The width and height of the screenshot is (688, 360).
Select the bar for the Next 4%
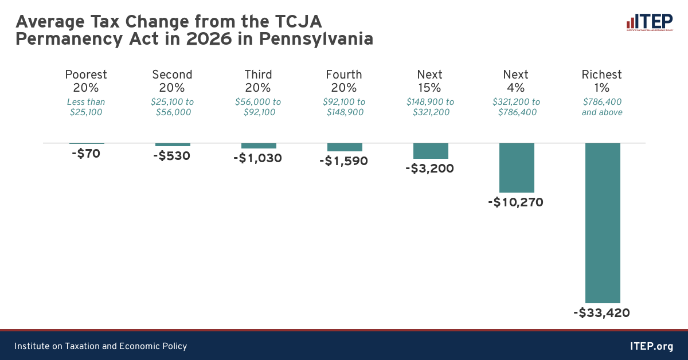pos(517,167)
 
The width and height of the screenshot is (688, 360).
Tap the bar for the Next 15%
pos(431,151)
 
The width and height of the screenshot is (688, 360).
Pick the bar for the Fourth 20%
pos(345,147)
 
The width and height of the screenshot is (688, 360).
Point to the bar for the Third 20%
pos(259,146)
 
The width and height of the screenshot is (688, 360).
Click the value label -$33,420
pos(601,313)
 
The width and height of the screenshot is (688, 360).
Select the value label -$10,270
pos(515,202)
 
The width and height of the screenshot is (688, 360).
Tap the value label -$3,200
pos(429,169)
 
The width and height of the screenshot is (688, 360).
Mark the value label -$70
pos(86,154)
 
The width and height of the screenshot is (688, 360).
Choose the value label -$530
pos(172,156)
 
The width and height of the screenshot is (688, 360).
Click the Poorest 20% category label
pos(86,81)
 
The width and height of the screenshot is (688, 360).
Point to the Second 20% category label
pos(172,81)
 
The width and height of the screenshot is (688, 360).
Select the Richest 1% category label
pos(601,81)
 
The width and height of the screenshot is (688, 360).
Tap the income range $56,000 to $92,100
pos(258,107)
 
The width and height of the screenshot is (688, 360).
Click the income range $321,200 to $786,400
pos(516,107)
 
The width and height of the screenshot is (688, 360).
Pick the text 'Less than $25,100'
pos(86,107)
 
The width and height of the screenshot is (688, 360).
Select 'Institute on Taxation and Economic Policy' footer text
pos(100,346)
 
